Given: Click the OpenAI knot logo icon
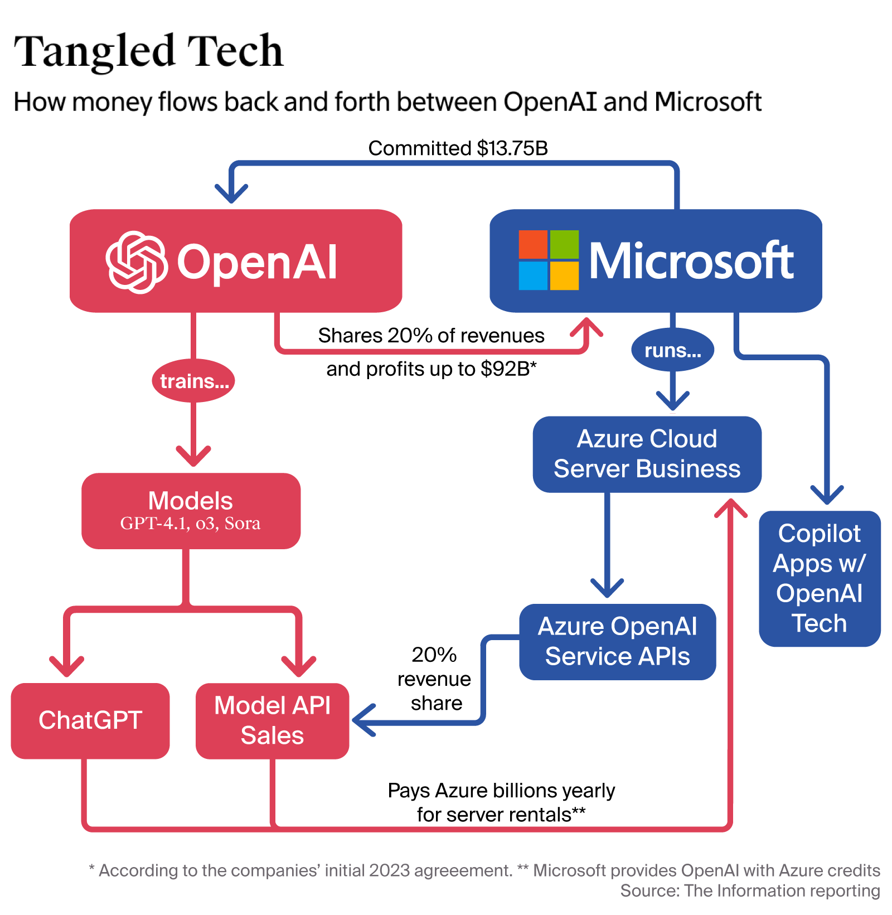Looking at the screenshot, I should tap(136, 262).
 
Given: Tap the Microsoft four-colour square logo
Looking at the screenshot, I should tap(548, 260).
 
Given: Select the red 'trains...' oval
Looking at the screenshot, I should tap(193, 381).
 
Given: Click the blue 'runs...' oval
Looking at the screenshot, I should tap(672, 350).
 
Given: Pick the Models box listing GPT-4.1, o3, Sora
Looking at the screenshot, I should tap(191, 511).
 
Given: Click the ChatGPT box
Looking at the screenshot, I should tap(90, 720).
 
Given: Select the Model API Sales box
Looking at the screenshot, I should tap(272, 720).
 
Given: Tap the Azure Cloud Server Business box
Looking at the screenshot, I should tap(647, 454).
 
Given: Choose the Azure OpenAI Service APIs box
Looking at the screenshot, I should tap(617, 641).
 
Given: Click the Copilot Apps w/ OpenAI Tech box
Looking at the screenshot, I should tap(819, 578).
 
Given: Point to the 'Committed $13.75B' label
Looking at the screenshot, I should tap(458, 148).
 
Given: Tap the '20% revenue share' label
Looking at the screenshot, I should tap(434, 679).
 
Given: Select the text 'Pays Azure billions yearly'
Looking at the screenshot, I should tap(501, 791).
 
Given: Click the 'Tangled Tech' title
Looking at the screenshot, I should tap(148, 51).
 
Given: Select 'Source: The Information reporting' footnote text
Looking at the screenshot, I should tap(750, 890).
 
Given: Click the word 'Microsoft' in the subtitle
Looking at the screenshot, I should tap(707, 102).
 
